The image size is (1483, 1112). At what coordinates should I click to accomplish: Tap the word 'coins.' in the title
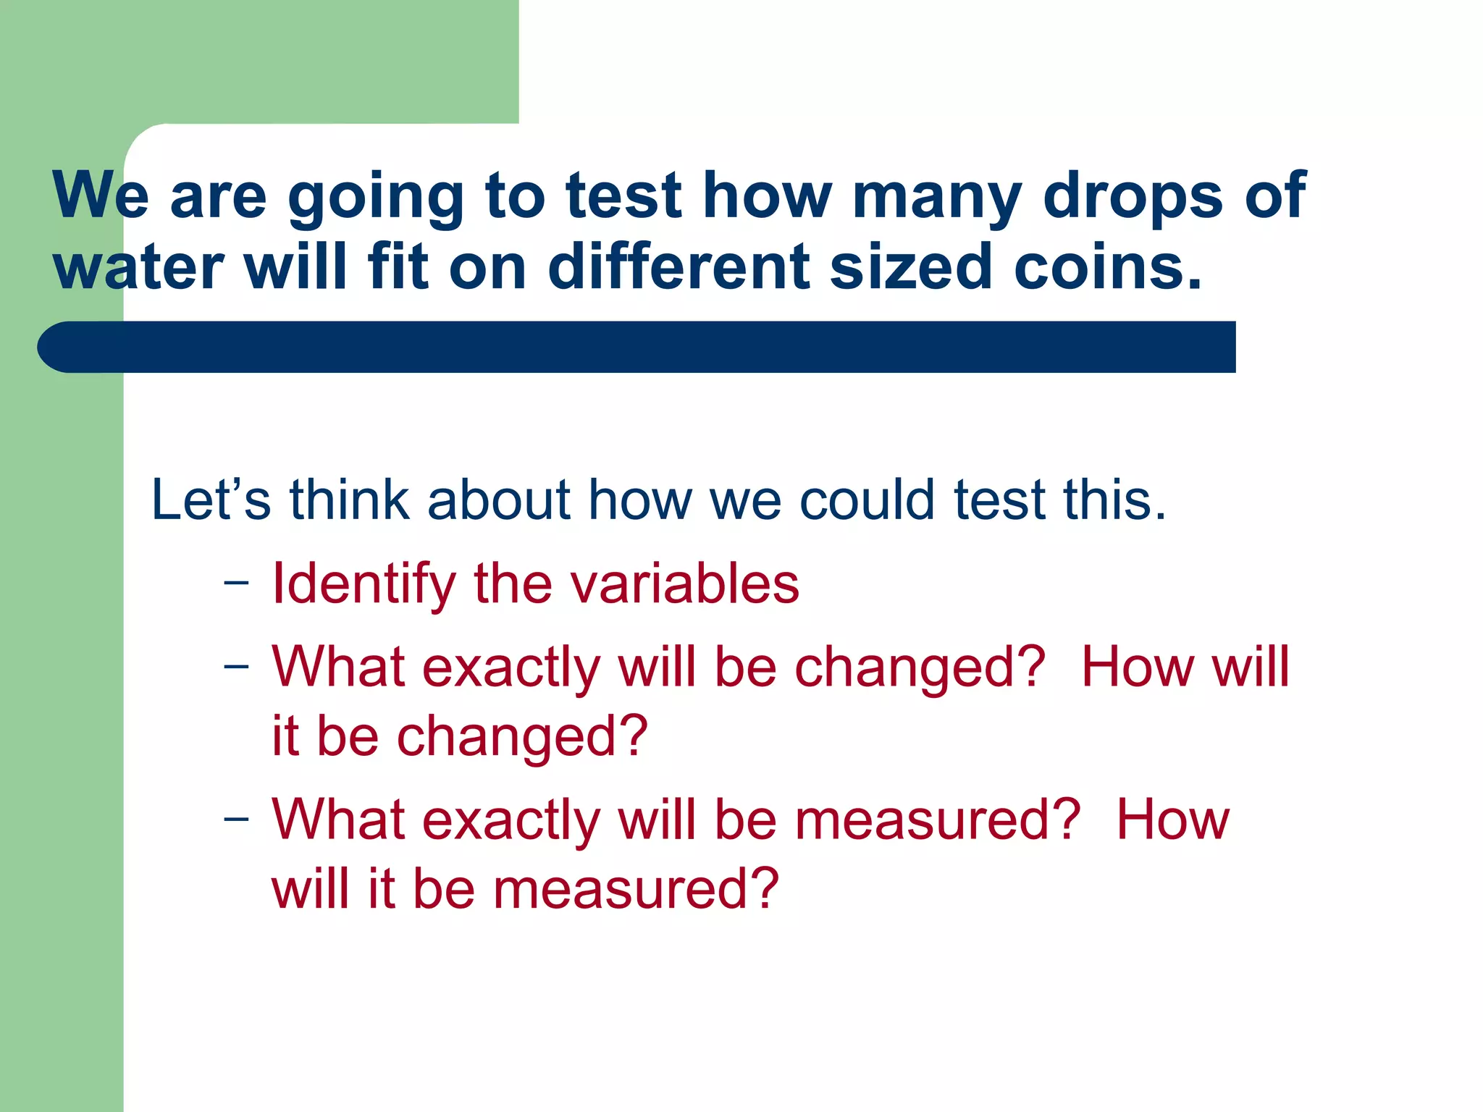point(1108,268)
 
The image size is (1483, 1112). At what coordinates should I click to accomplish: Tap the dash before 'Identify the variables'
point(236,583)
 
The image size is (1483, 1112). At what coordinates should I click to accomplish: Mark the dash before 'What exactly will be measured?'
point(236,819)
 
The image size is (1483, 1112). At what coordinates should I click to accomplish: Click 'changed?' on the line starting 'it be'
point(522,736)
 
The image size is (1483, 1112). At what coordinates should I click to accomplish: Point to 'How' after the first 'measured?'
point(1172,820)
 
